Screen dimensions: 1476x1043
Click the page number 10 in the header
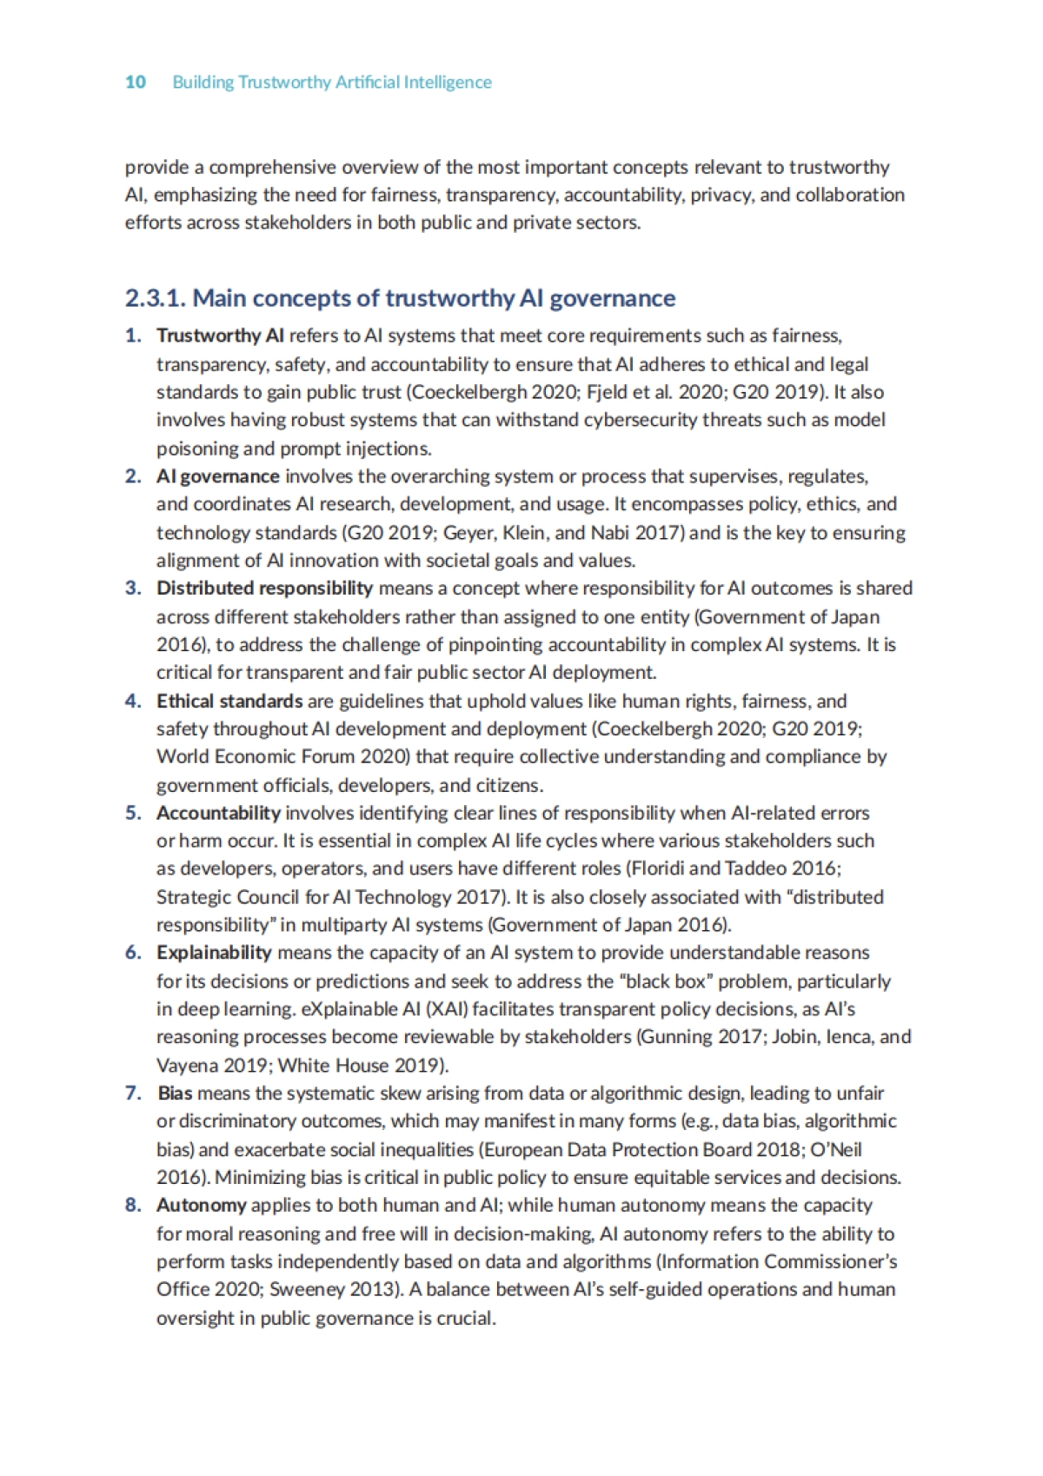pyautogui.click(x=135, y=83)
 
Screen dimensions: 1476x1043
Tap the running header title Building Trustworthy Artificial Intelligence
pyautogui.click(x=332, y=83)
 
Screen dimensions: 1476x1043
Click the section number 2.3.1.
pyautogui.click(x=155, y=298)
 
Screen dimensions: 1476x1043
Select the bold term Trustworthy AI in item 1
pyautogui.click(x=220, y=336)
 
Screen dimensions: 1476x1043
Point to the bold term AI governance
pyautogui.click(x=218, y=476)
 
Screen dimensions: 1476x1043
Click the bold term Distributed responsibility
pyautogui.click(x=264, y=588)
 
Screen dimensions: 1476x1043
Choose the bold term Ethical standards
pyautogui.click(x=229, y=701)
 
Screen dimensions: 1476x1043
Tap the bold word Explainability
pyautogui.click(x=214, y=953)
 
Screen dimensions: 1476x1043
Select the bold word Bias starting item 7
pyautogui.click(x=175, y=1093)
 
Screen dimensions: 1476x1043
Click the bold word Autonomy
pyautogui.click(x=202, y=1205)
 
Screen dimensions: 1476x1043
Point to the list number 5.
pyautogui.click(x=132, y=813)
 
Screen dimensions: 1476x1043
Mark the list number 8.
pyautogui.click(x=132, y=1205)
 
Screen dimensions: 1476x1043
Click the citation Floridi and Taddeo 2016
pyautogui.click(x=734, y=868)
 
